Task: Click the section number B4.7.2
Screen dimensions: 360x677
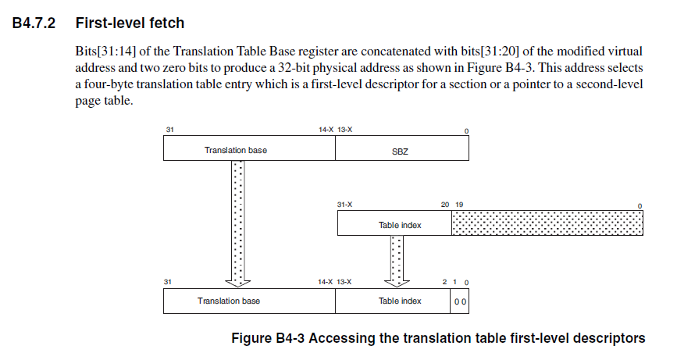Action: tap(35, 24)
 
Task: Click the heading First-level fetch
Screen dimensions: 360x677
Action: tap(130, 24)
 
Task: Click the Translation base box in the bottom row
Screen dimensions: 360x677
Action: tap(229, 301)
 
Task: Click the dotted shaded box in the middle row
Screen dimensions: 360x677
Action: tap(547, 224)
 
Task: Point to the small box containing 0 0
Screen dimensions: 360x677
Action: tap(460, 301)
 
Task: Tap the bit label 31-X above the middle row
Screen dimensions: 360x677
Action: tap(344, 205)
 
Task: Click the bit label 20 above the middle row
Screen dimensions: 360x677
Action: tap(444, 205)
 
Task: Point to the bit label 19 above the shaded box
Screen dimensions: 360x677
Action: tap(459, 205)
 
